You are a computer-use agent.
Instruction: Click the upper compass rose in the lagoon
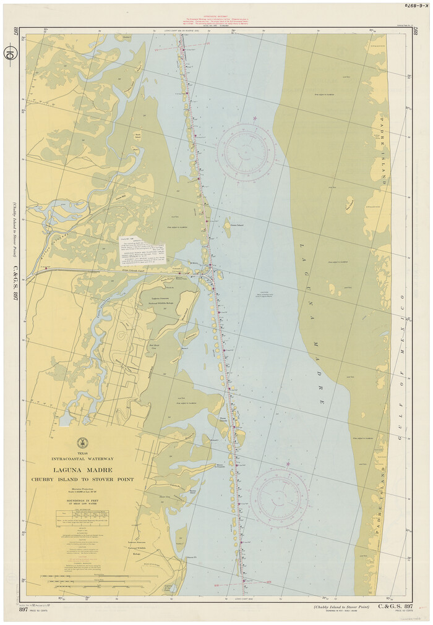[246, 152]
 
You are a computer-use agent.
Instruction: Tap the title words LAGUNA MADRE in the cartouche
[82, 469]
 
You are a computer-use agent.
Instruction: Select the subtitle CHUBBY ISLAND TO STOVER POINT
[82, 479]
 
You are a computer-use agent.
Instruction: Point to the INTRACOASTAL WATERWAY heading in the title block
[82, 459]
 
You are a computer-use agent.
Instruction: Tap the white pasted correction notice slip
[142, 249]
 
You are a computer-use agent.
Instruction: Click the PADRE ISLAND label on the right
[383, 151]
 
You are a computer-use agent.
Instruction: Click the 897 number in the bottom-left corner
[24, 610]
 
